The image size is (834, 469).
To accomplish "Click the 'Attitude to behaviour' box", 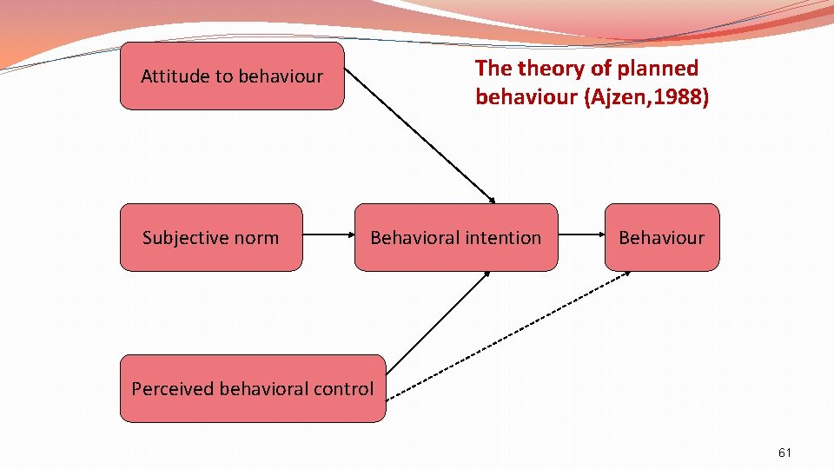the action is point(232,76).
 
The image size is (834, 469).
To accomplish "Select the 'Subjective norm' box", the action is point(211,237).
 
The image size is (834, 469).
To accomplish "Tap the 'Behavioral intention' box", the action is point(456,237).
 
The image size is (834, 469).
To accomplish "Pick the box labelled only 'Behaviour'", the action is point(662,237).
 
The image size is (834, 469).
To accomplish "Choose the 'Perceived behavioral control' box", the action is point(252,388).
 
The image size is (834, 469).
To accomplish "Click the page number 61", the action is point(785,452).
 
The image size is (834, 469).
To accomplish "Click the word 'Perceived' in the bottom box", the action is point(172,388).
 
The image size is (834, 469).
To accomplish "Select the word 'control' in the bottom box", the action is point(344,388).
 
